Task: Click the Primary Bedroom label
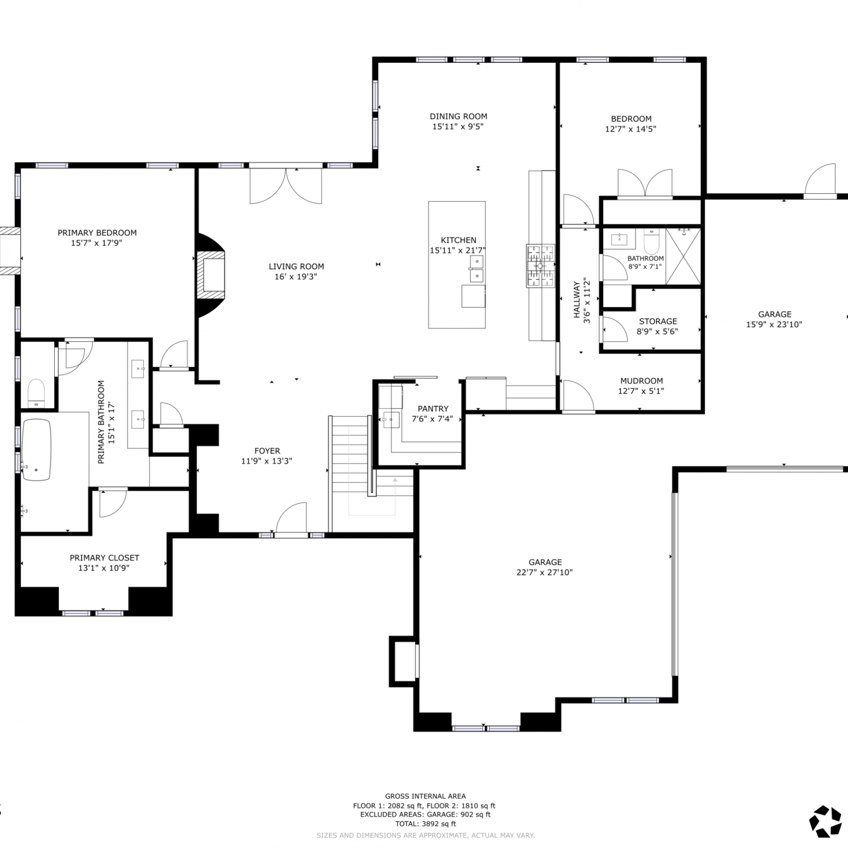[x=97, y=232]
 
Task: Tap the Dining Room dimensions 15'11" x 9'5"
[x=458, y=127]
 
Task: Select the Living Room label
[x=296, y=266]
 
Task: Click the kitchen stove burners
[x=541, y=266]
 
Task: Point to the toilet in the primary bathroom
[x=37, y=393]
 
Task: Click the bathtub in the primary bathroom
[x=37, y=450]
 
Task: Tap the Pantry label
[x=433, y=409]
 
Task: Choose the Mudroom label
[x=642, y=381]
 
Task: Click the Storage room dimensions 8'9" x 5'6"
[x=657, y=331]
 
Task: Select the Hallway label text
[x=577, y=300]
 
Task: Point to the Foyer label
[x=267, y=451]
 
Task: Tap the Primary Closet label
[x=105, y=558]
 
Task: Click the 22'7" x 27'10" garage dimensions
[x=545, y=572]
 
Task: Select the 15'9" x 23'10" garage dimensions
[x=775, y=325]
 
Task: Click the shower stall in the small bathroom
[x=683, y=256]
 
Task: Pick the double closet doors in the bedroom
[x=646, y=183]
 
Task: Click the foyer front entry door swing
[x=291, y=518]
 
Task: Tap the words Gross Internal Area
[x=426, y=796]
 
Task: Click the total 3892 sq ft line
[x=426, y=824]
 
